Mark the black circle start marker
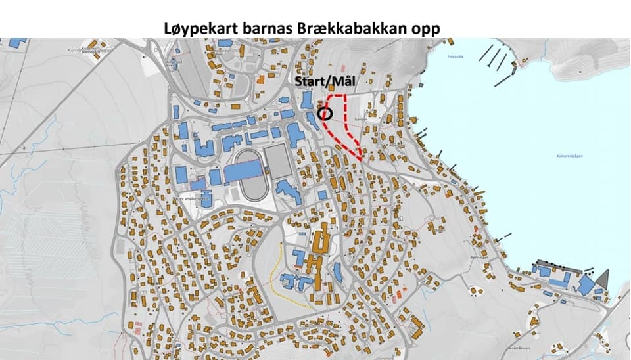324,113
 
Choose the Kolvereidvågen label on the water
570,156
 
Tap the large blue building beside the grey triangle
586,284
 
